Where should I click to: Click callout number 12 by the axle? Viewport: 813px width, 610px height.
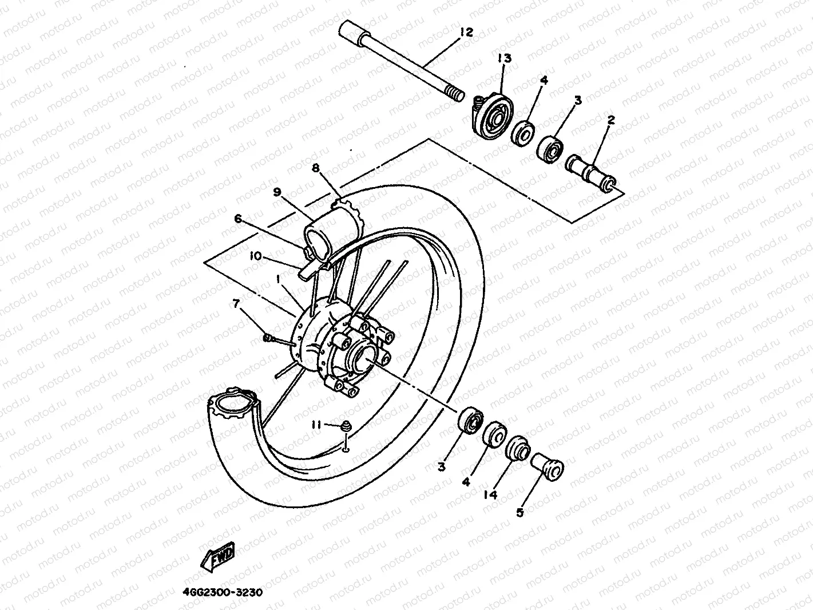466,32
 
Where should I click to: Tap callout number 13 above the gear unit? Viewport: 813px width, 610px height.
504,58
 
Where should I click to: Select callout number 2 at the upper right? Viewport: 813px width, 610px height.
610,120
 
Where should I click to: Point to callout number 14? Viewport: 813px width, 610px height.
490,494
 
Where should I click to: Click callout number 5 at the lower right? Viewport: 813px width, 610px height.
519,513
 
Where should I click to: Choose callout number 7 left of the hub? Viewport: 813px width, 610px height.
235,303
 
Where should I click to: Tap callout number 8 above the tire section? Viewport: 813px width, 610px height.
315,168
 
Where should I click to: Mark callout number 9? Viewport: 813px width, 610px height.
277,193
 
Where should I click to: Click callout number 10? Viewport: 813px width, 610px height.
255,256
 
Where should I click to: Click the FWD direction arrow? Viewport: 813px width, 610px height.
218,554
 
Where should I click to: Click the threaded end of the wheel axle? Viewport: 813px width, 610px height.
455,93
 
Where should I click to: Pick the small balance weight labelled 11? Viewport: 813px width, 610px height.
346,426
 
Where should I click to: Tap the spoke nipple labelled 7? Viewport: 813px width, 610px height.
267,338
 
